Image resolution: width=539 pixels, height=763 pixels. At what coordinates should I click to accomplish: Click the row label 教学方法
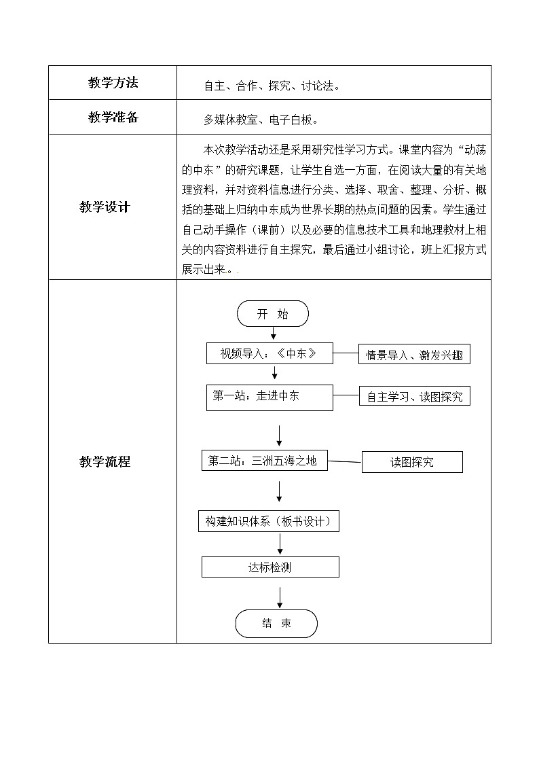pyautogui.click(x=113, y=83)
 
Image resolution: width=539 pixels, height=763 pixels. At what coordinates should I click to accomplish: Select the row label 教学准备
pyautogui.click(x=113, y=118)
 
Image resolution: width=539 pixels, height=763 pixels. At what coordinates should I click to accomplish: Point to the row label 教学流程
pyautogui.click(x=105, y=462)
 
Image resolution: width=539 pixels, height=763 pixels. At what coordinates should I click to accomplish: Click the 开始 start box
pyautogui.click(x=273, y=314)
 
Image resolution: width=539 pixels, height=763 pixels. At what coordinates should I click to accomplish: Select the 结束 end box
pyautogui.click(x=276, y=623)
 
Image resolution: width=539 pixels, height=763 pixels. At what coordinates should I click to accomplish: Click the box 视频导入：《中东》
pyautogui.click(x=269, y=353)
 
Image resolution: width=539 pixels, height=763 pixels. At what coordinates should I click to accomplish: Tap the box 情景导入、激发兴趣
pyautogui.click(x=414, y=354)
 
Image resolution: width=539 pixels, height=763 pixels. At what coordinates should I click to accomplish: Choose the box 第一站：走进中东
pyautogui.click(x=269, y=397)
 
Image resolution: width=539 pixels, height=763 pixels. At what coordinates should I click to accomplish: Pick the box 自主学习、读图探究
pyautogui.click(x=414, y=396)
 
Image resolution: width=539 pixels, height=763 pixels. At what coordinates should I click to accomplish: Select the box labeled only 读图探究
pyautogui.click(x=412, y=462)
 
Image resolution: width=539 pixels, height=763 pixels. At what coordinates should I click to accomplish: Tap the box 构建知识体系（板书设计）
pyautogui.click(x=269, y=521)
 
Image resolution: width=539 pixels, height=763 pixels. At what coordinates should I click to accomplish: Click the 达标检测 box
pyautogui.click(x=270, y=567)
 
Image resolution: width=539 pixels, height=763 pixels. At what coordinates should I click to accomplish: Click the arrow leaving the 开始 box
pyautogui.click(x=274, y=333)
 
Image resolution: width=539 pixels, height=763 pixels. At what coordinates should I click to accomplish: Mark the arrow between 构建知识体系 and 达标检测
pyautogui.click(x=280, y=543)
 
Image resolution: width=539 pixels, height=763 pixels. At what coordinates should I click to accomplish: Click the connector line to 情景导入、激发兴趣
pyautogui.click(x=346, y=354)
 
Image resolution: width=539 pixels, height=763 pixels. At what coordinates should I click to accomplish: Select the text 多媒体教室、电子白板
pyautogui.click(x=261, y=120)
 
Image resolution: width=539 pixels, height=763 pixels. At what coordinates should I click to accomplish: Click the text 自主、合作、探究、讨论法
pyautogui.click(x=271, y=86)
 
